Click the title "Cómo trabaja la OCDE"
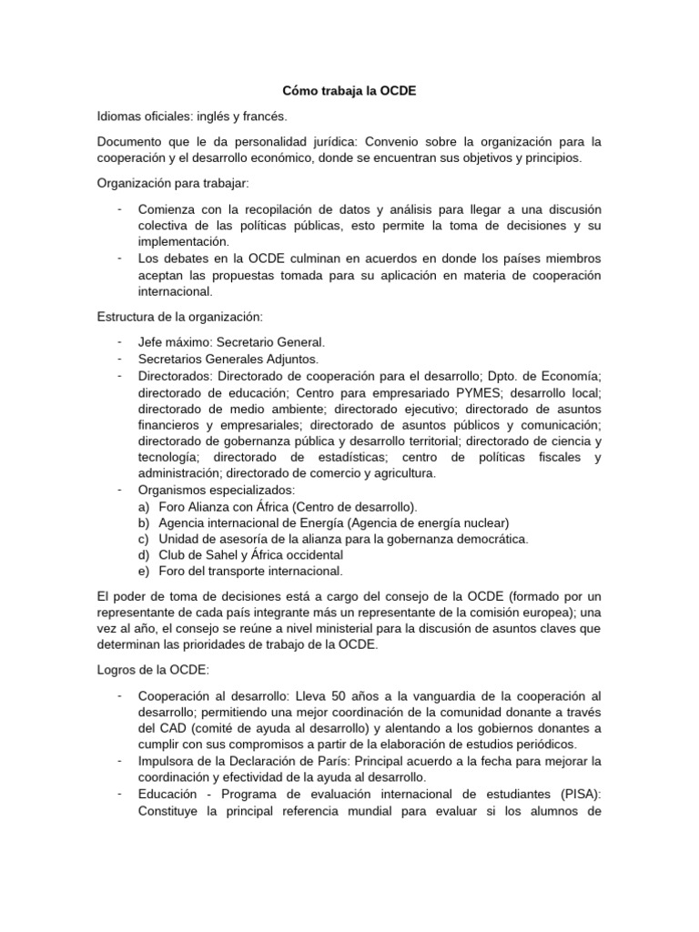click(349, 91)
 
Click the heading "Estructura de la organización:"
click(178, 317)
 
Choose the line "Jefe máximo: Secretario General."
click(231, 342)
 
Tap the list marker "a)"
click(144, 506)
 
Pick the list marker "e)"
click(144, 572)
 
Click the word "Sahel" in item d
click(223, 555)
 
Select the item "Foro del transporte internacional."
click(250, 572)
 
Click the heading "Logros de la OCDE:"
click(153, 671)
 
